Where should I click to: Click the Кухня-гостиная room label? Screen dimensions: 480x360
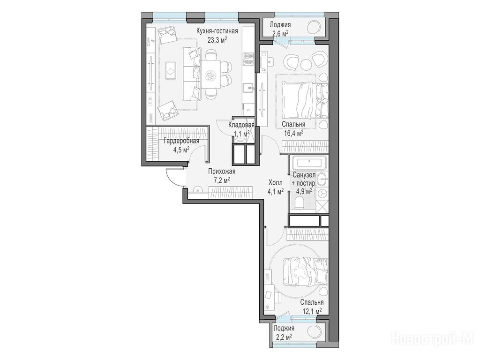217,31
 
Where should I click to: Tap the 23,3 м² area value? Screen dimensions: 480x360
217,40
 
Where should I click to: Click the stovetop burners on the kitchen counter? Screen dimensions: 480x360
248,59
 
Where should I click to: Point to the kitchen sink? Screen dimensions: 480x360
248,88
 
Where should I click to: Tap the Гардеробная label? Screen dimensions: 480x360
181,141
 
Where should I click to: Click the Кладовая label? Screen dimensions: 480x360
241,125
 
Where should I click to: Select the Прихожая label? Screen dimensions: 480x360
222,172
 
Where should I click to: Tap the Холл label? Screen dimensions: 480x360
276,183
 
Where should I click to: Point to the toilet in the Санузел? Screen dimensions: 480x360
298,203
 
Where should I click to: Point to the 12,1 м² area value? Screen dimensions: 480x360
312,311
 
